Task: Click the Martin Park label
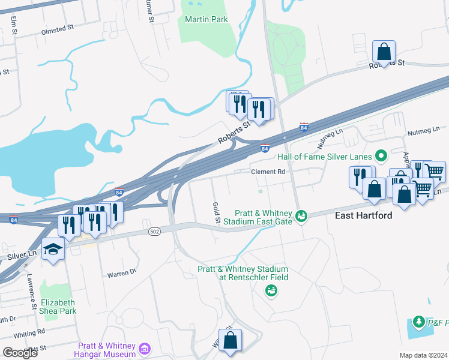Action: [206, 19]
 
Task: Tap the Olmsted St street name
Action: [57, 28]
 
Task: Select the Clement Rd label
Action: [267, 172]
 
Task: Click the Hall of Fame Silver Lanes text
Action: [325, 157]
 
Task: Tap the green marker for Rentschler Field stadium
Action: [271, 291]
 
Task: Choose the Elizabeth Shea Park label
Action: [58, 307]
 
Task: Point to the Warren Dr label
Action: [122, 274]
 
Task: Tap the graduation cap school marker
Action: [53, 248]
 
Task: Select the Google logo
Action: [19, 352]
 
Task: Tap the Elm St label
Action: [13, 24]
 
